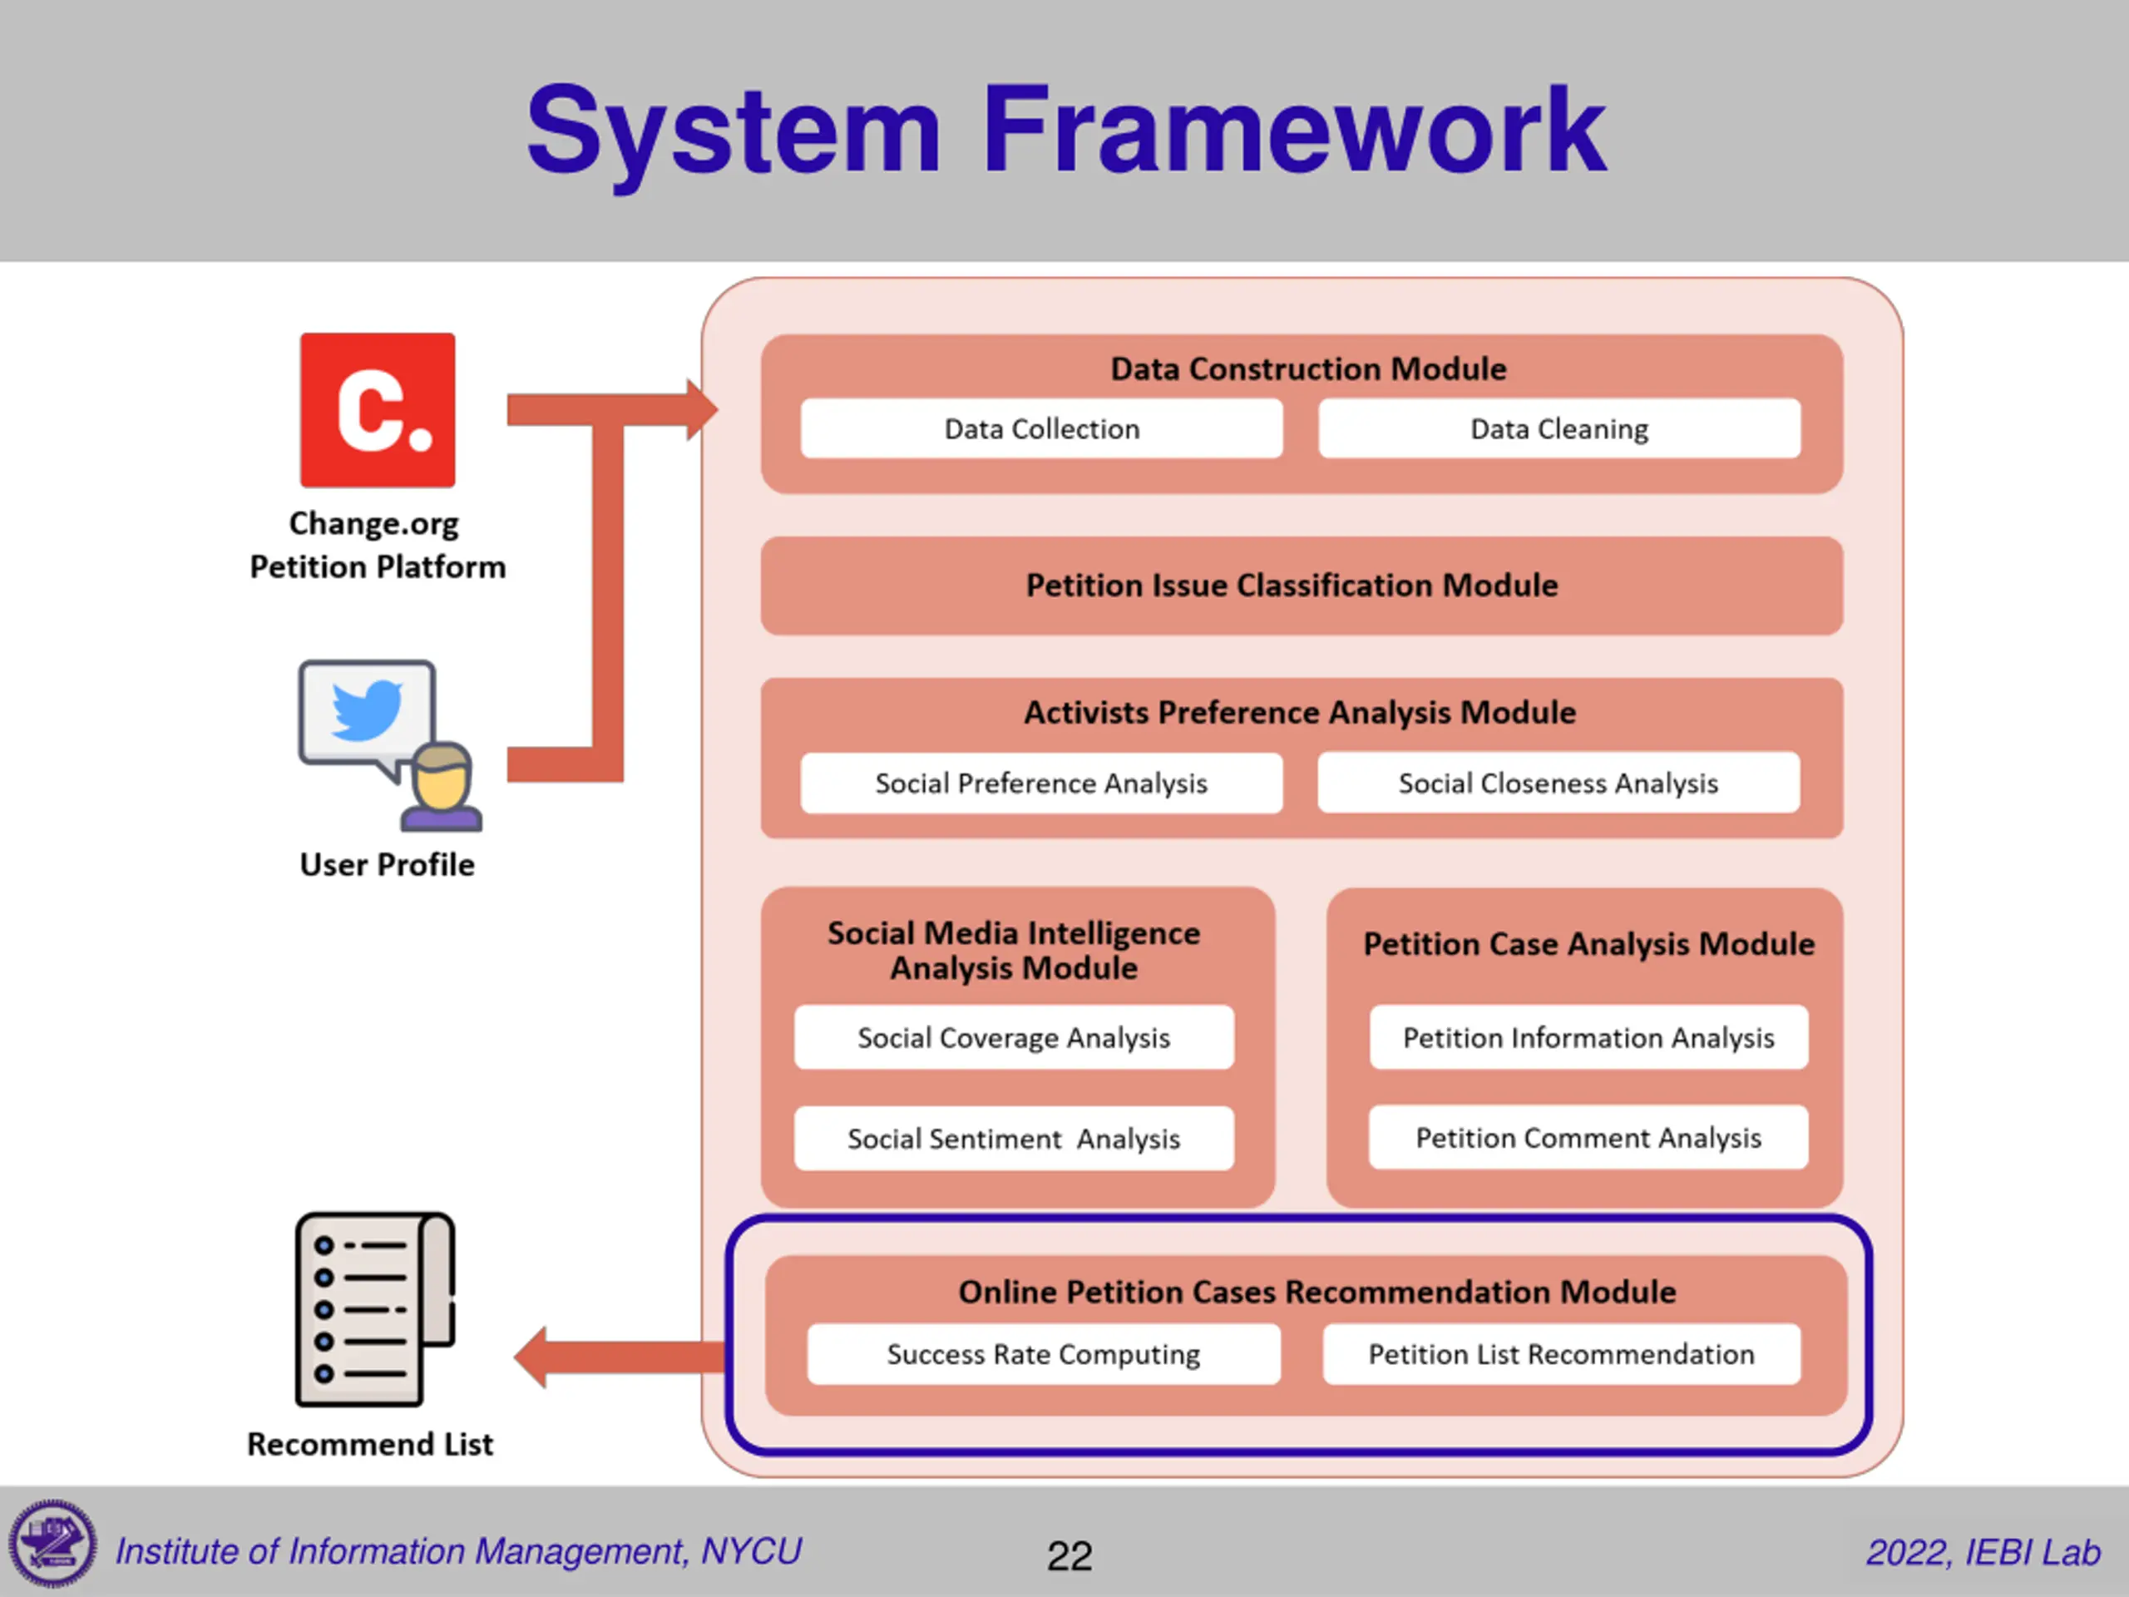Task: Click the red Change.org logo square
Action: coord(378,410)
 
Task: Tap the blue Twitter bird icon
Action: coord(366,710)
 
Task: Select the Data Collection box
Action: coord(1041,428)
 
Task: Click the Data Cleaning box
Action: coord(1559,428)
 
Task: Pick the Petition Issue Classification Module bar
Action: coord(1302,586)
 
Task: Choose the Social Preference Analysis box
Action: coord(1041,783)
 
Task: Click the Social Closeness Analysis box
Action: coord(1558,783)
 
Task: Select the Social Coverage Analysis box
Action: coord(1014,1038)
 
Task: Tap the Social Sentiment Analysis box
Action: coord(1014,1139)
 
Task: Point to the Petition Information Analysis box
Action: coord(1588,1038)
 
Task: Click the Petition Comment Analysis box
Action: coord(1588,1138)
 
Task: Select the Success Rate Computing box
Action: coord(1044,1354)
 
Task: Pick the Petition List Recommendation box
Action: coord(1561,1354)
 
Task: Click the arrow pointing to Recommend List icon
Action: coord(620,1357)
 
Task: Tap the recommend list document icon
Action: coord(374,1309)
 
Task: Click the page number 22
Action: coord(1069,1555)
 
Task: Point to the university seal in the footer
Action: coord(53,1544)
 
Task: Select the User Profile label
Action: coord(387,864)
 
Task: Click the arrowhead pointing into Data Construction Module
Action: coord(703,410)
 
